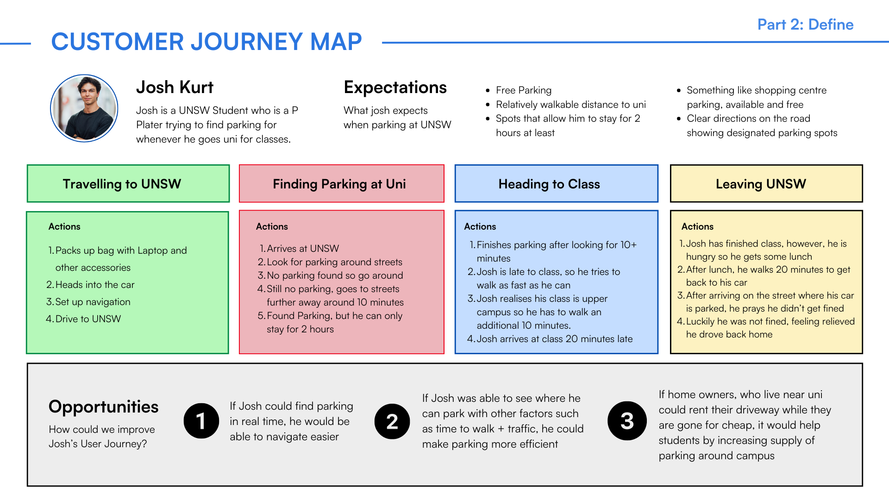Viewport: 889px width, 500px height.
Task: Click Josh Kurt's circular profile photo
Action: [x=84, y=108]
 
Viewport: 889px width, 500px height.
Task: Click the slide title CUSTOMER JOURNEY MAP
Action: [x=207, y=42]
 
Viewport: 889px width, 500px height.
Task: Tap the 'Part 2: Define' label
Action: [x=805, y=25]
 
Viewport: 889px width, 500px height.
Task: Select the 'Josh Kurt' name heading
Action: [x=175, y=87]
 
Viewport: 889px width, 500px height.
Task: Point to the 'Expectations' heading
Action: [x=395, y=87]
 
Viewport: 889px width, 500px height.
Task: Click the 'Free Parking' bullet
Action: [x=523, y=90]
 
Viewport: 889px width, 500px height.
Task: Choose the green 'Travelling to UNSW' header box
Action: [x=128, y=184]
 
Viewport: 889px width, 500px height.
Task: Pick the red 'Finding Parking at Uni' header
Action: [x=341, y=184]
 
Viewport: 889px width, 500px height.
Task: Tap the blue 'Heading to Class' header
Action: [x=556, y=184]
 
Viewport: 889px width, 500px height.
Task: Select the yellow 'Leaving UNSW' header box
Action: [x=766, y=184]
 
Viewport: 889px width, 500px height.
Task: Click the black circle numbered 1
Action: [x=201, y=421]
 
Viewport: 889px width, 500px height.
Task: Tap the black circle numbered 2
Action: [x=392, y=421]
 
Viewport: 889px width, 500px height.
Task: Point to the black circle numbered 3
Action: [x=627, y=421]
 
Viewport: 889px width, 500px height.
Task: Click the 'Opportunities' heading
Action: [x=103, y=406]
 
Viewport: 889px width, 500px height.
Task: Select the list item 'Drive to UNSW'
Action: [x=88, y=319]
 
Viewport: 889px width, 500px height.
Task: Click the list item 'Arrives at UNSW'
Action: [x=302, y=249]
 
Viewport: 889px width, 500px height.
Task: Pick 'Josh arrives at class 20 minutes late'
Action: [x=554, y=339]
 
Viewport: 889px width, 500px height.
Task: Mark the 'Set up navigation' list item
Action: [x=93, y=302]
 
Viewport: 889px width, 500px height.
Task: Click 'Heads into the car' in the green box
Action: [x=94, y=285]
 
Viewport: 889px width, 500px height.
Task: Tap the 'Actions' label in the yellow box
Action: [x=697, y=226]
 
